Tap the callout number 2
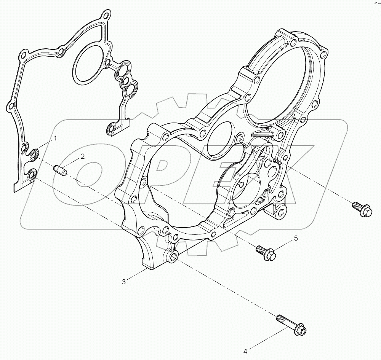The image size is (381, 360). point(82,156)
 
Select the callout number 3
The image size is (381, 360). point(123,282)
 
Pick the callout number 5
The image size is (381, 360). point(295,239)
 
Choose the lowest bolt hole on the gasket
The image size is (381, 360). point(32,175)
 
